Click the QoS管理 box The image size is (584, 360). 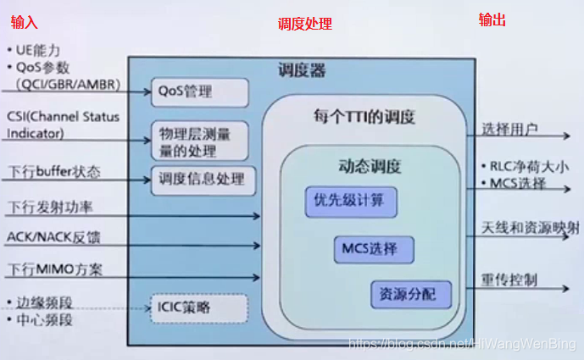click(x=199, y=92)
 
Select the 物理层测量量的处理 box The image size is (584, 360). click(x=199, y=141)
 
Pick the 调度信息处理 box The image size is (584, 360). click(x=202, y=179)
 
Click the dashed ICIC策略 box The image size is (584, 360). click(x=198, y=307)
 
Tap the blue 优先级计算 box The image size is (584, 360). click(x=349, y=201)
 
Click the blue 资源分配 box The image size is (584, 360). click(x=409, y=295)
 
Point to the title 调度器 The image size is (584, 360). click(x=301, y=69)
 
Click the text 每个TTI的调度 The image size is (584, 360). click(x=364, y=116)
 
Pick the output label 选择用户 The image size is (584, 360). click(x=510, y=130)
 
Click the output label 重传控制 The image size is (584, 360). click(x=510, y=280)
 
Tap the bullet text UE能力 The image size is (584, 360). click(x=38, y=51)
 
